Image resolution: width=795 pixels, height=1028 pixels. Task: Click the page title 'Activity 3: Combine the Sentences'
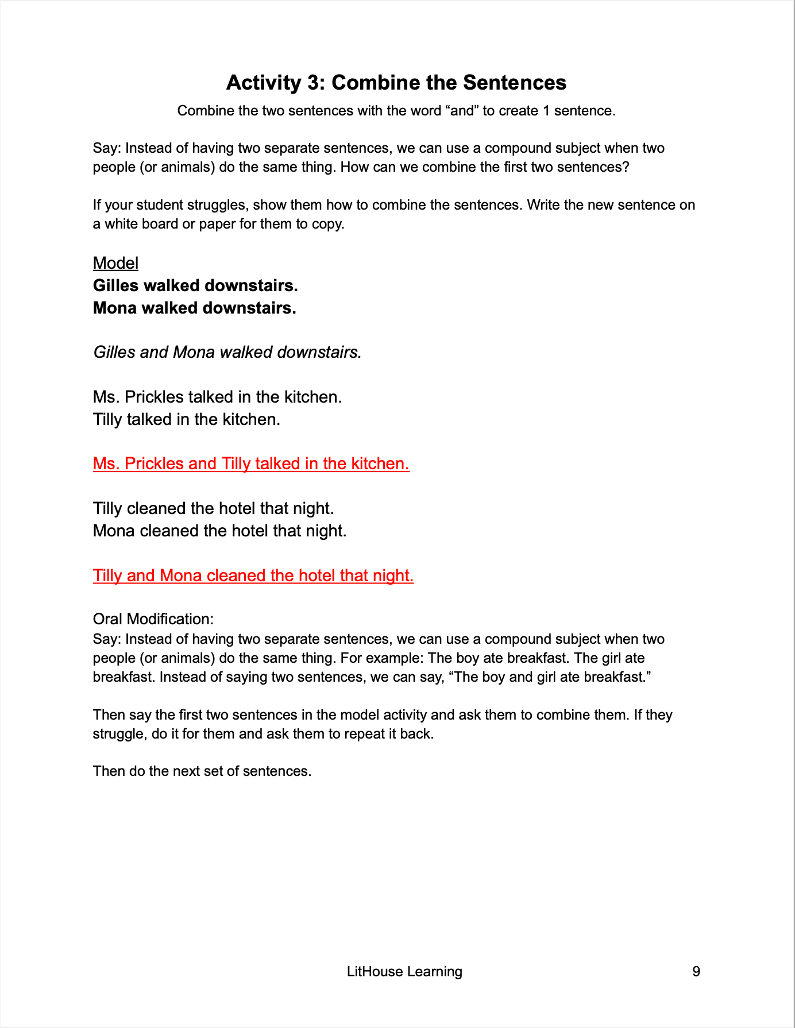pos(396,83)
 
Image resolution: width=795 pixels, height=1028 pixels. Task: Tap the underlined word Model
pos(115,263)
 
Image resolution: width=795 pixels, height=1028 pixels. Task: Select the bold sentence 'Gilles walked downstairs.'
pos(195,285)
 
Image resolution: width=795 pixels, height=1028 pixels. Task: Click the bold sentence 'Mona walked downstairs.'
pos(195,308)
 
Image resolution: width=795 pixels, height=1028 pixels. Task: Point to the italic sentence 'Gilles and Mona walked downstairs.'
pos(227,352)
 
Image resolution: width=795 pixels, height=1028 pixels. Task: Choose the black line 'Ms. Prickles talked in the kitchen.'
pos(217,397)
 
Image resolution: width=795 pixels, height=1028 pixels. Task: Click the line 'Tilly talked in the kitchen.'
pos(187,419)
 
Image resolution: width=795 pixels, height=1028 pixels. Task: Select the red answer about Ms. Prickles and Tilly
pos(251,463)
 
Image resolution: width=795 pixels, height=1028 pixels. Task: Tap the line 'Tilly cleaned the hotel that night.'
pos(213,508)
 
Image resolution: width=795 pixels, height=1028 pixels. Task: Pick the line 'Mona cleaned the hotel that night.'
pos(219,531)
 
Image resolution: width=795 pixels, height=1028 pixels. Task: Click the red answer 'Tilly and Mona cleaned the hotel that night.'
pos(253,575)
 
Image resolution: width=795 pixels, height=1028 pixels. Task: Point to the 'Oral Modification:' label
pos(153,619)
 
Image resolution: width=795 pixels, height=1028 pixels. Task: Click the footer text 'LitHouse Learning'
pos(404,972)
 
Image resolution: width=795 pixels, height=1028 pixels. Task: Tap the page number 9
pos(696,972)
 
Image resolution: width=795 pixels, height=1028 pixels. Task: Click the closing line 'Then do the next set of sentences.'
pos(202,771)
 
